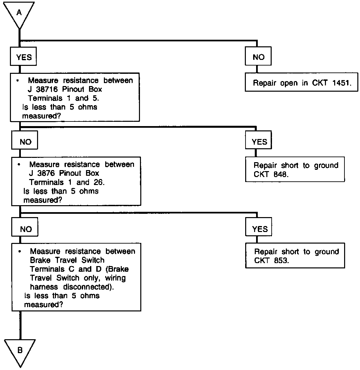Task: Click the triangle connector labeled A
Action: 20,13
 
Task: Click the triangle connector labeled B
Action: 20,350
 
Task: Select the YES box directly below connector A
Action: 24,57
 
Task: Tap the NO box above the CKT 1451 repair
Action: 258,57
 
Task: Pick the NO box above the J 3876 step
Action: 25,142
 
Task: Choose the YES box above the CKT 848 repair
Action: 259,142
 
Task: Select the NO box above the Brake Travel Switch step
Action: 26,229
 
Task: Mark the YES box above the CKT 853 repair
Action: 259,229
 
